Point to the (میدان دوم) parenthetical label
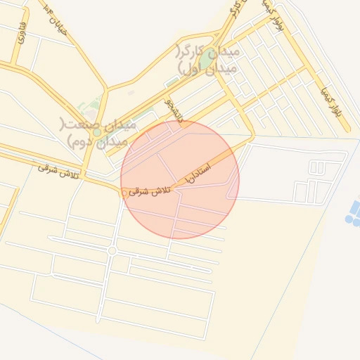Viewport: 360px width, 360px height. [98, 141]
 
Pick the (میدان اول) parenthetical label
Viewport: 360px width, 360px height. [203, 68]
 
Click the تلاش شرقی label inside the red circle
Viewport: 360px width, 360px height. [149, 191]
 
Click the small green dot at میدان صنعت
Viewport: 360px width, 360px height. [96, 132]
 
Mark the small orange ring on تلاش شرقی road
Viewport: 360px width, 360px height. [124, 193]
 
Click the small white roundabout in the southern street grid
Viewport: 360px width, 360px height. [112, 250]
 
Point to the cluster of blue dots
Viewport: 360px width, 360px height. [352, 211]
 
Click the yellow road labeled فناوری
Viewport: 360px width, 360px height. [15, 49]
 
